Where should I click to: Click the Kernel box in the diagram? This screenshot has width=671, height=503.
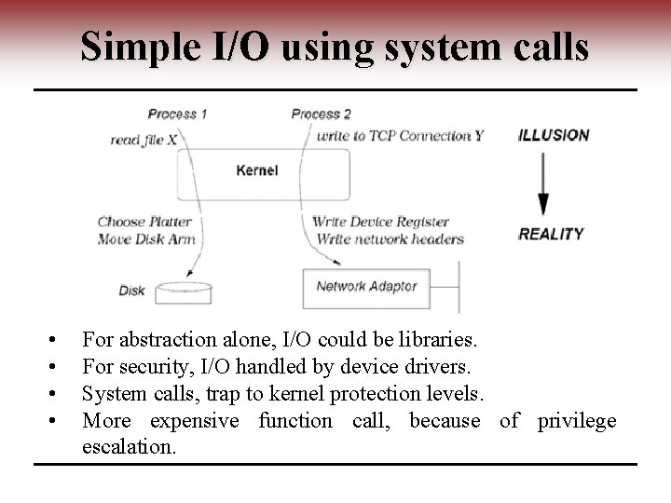[263, 170]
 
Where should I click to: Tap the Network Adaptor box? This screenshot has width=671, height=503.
[367, 287]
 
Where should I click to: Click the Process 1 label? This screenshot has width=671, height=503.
[177, 114]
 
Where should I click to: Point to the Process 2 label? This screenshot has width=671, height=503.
[322, 114]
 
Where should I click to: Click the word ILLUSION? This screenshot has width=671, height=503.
[554, 134]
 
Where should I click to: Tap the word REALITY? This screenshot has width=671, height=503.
[551, 234]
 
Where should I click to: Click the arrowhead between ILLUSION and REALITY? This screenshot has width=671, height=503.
[544, 204]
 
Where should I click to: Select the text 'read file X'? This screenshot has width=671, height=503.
[144, 139]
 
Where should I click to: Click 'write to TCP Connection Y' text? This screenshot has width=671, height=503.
[401, 136]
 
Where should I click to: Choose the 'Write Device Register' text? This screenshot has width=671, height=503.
[381, 222]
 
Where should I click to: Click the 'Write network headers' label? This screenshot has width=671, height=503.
[388, 238]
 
